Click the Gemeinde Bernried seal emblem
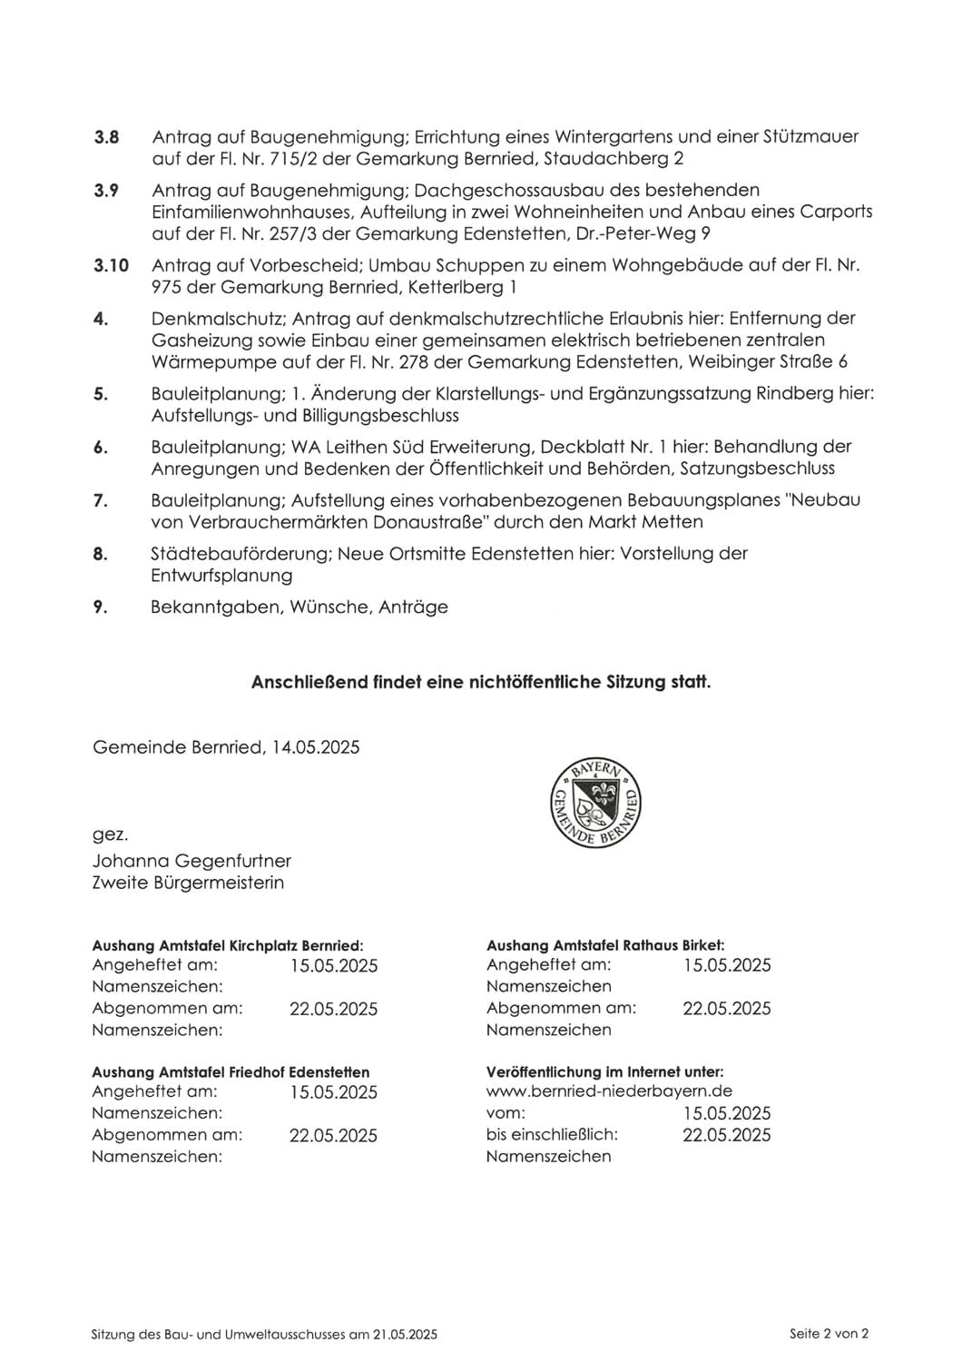596,804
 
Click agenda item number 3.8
107,137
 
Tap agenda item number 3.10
111,266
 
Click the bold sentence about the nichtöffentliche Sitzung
481,682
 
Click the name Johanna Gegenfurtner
191,861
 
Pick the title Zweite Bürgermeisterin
188,883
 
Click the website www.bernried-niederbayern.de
609,1091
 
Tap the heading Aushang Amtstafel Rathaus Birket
605,945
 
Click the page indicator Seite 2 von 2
829,1334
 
